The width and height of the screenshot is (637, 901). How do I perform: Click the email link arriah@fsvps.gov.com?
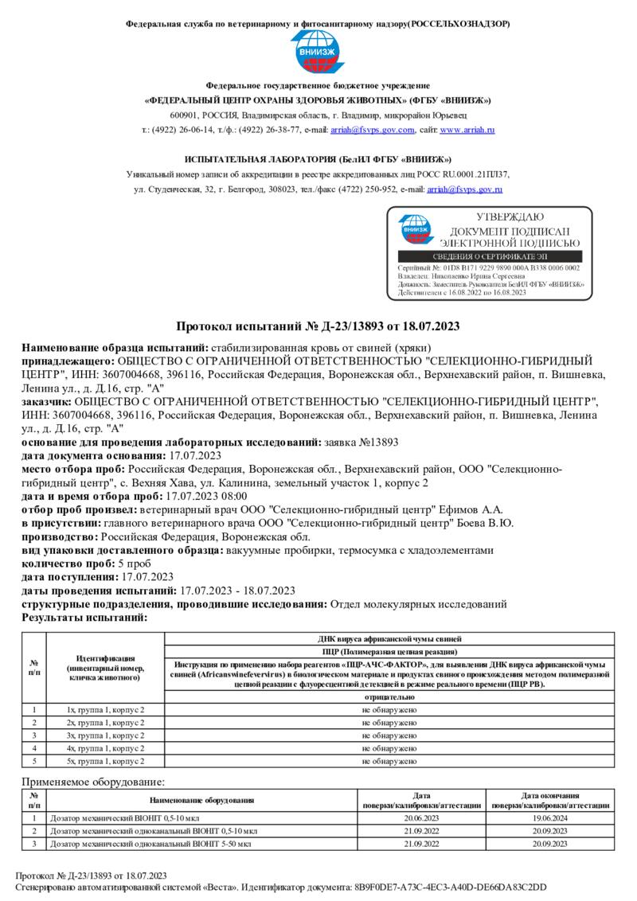point(385,130)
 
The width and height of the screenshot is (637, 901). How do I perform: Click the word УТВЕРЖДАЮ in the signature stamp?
point(510,217)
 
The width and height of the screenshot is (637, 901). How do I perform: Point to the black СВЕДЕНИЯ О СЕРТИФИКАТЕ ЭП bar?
point(489,256)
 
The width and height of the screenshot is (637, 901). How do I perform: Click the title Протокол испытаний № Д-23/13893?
point(318,327)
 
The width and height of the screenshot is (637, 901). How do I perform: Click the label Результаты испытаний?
point(84,618)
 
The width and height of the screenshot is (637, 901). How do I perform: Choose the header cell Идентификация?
point(105,658)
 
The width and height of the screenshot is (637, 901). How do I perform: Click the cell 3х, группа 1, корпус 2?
point(105,735)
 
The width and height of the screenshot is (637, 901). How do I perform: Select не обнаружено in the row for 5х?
point(389,762)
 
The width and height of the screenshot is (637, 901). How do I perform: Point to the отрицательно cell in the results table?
point(389,696)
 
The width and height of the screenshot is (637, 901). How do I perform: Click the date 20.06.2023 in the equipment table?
point(422,817)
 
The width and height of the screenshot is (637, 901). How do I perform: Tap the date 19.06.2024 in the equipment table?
point(549,817)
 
